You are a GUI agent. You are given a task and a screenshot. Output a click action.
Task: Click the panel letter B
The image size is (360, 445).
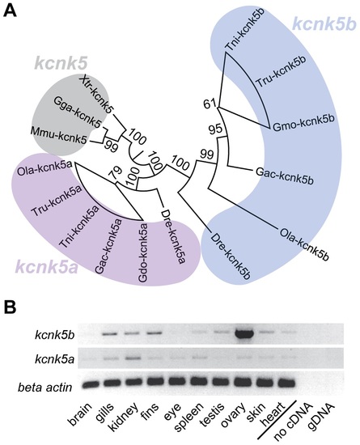click(x=10, y=307)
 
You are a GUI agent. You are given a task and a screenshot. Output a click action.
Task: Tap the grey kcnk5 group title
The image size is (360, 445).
click(x=61, y=63)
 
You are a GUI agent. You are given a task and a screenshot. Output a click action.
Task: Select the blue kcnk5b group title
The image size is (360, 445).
click(x=324, y=23)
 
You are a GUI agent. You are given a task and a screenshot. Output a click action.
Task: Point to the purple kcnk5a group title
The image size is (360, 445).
click(x=46, y=267)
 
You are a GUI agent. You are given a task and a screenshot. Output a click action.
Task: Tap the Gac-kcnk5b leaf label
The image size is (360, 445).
click(x=285, y=176)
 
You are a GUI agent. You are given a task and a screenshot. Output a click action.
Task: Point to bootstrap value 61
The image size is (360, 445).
click(x=210, y=104)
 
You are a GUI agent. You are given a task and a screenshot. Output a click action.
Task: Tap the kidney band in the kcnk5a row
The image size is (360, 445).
click(x=131, y=358)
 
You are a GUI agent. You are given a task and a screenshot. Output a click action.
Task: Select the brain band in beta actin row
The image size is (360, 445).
click(x=91, y=384)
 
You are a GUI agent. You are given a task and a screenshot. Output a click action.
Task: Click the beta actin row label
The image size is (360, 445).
click(x=45, y=387)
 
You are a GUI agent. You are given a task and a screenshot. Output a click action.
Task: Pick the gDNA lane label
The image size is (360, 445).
click(x=322, y=417)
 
